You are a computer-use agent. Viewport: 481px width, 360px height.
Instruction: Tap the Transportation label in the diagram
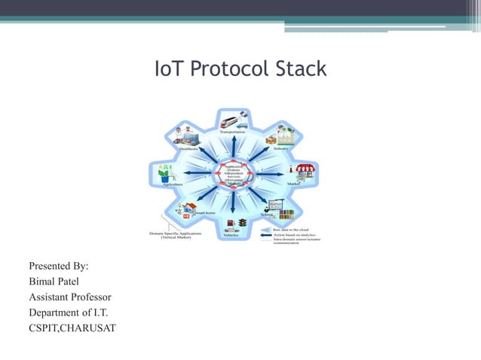click(231, 133)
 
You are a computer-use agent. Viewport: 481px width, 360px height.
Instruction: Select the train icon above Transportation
click(231, 120)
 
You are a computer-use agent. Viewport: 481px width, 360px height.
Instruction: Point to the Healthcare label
click(188, 149)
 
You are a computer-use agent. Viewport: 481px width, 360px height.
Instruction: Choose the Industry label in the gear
click(282, 149)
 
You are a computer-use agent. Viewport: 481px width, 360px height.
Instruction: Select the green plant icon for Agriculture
click(164, 172)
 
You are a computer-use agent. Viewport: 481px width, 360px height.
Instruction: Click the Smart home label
click(205, 214)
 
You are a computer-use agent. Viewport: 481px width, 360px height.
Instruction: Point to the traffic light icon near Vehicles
click(242, 223)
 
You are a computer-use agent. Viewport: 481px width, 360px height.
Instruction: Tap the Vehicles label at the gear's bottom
click(231, 235)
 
